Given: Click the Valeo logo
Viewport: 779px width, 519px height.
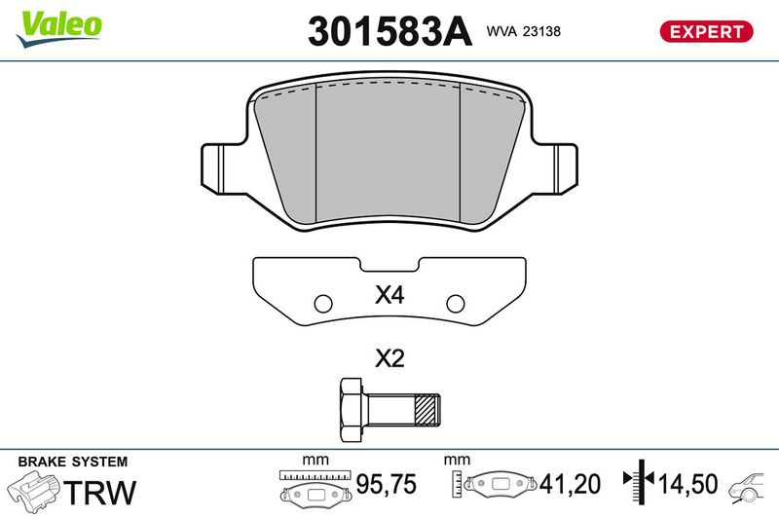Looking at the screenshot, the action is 58,28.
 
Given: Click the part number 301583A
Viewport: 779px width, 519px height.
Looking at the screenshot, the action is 389,31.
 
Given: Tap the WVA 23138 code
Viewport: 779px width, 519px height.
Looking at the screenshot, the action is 524,31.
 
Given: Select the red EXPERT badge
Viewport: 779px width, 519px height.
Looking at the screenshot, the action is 706,31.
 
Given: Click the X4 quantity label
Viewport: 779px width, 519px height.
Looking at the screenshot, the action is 389,295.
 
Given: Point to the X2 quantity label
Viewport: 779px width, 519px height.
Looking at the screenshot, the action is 389,358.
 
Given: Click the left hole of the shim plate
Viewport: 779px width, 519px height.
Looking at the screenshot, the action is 323,304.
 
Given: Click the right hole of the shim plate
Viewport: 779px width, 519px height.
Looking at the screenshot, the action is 456,304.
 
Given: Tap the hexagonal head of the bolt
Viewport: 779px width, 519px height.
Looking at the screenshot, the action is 352,409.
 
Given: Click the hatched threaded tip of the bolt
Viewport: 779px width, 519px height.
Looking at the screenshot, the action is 427,409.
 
